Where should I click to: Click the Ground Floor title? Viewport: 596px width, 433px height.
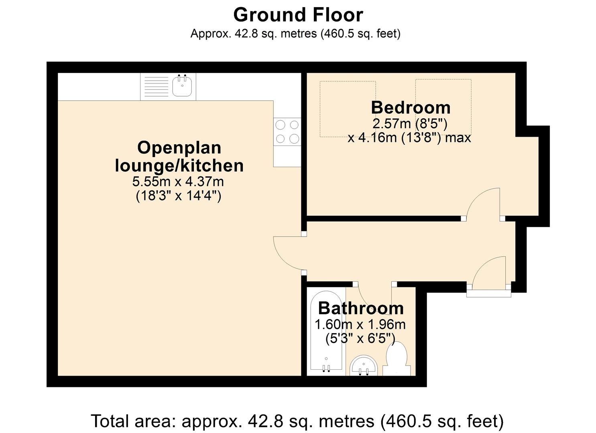click(298, 15)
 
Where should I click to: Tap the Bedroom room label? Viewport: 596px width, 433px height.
click(411, 108)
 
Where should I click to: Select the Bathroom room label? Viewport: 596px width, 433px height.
click(361, 308)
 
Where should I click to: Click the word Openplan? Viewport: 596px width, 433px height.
click(179, 148)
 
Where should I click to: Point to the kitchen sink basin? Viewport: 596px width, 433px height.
click(182, 85)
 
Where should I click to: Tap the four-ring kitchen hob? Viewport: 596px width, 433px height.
click(287, 132)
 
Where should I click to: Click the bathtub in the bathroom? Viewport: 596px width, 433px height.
click(326, 331)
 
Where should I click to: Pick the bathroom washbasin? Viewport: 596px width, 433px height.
click(364, 365)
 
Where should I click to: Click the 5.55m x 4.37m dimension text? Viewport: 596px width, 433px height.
click(178, 182)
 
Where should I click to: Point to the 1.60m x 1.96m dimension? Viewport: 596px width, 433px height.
click(360, 325)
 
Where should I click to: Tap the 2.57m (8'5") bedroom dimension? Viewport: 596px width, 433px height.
click(410, 123)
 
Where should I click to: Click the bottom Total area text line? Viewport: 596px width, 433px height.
click(297, 421)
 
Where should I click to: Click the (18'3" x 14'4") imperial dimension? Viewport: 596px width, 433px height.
click(178, 196)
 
